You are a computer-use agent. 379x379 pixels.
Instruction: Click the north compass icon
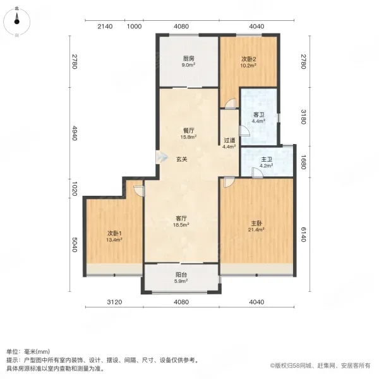click(16, 21)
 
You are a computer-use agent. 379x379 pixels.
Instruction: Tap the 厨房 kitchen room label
click(188, 59)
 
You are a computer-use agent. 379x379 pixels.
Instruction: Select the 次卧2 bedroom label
click(248, 59)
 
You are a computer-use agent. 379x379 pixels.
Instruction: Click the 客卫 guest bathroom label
click(258, 114)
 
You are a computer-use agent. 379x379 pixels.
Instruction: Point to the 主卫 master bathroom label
click(267, 160)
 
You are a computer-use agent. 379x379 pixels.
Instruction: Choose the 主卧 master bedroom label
click(256, 223)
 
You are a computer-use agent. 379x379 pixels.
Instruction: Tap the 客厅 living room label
click(181, 219)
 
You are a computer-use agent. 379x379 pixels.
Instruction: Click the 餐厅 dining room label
click(188, 131)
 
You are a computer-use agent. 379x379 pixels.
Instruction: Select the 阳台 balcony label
click(181, 275)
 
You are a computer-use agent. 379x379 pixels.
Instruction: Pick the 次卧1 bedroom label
click(114, 233)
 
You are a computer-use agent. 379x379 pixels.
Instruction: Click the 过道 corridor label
click(229, 140)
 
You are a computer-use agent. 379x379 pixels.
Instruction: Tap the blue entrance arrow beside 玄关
click(162, 157)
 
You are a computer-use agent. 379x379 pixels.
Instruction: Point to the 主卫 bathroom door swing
click(257, 173)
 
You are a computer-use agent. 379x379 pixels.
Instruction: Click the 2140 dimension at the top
click(105, 27)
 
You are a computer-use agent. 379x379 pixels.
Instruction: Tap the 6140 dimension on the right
click(304, 234)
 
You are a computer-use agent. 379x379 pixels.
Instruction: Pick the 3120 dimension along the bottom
click(114, 302)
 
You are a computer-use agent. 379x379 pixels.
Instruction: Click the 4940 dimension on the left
click(74, 133)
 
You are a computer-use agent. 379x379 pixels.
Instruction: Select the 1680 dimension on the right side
click(304, 162)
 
